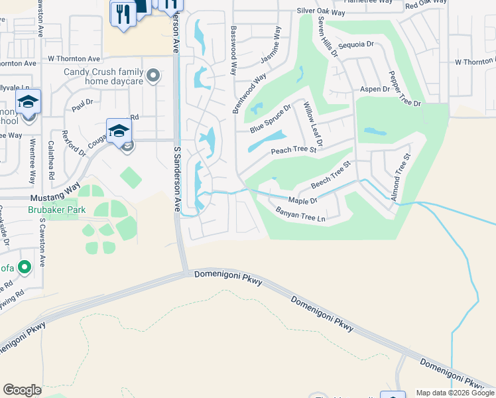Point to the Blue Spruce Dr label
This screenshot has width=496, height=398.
coord(271,119)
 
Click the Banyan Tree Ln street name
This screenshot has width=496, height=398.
coord(302,214)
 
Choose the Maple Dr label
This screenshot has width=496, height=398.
coord(303,200)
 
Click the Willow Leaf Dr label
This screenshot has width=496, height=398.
coord(312,124)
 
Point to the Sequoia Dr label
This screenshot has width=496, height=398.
coord(356,44)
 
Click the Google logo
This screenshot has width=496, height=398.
coord(22,390)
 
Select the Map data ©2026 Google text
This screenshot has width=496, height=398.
coord(454,393)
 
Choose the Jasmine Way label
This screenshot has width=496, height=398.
coord(271,45)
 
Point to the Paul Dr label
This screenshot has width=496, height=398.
coord(82,105)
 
